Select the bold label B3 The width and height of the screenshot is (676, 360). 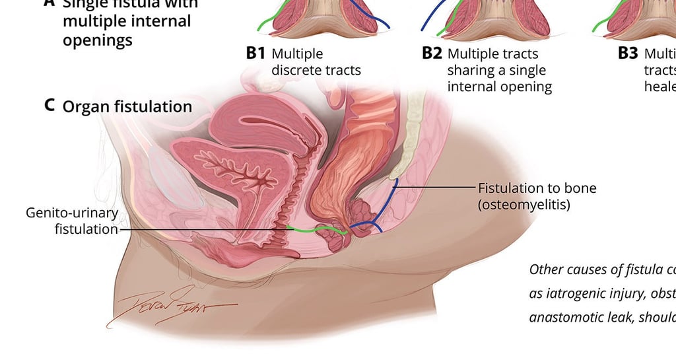tap(628, 54)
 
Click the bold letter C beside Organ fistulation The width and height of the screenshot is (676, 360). tap(50, 106)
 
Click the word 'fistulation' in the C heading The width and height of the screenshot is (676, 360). tap(156, 106)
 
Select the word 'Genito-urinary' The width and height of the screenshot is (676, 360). tap(72, 213)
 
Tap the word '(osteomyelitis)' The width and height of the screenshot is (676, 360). tap(524, 205)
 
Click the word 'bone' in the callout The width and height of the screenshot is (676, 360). tap(580, 188)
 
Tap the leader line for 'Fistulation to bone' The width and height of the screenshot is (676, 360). tap(436, 188)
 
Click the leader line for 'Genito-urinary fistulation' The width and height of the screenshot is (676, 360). tap(198, 229)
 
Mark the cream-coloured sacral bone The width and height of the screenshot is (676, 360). tap(413, 132)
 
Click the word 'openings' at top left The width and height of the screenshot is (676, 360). tap(98, 40)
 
